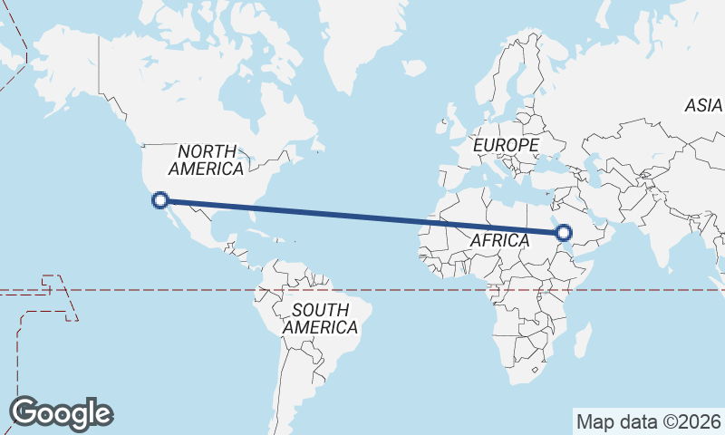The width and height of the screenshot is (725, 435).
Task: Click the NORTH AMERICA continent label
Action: pyautogui.click(x=207, y=159)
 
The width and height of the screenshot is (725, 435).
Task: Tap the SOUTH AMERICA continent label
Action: pyautogui.click(x=320, y=318)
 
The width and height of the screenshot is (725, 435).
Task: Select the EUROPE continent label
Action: pyautogui.click(x=506, y=145)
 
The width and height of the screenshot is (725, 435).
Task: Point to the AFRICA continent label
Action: pyautogui.click(x=499, y=240)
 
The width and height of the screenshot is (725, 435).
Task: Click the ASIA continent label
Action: pyautogui.click(x=703, y=106)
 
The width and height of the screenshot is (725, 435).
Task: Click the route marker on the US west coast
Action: pyautogui.click(x=160, y=200)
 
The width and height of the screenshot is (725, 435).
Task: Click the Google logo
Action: pyautogui.click(x=62, y=413)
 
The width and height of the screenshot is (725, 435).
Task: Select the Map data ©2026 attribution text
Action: pyautogui.click(x=649, y=421)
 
